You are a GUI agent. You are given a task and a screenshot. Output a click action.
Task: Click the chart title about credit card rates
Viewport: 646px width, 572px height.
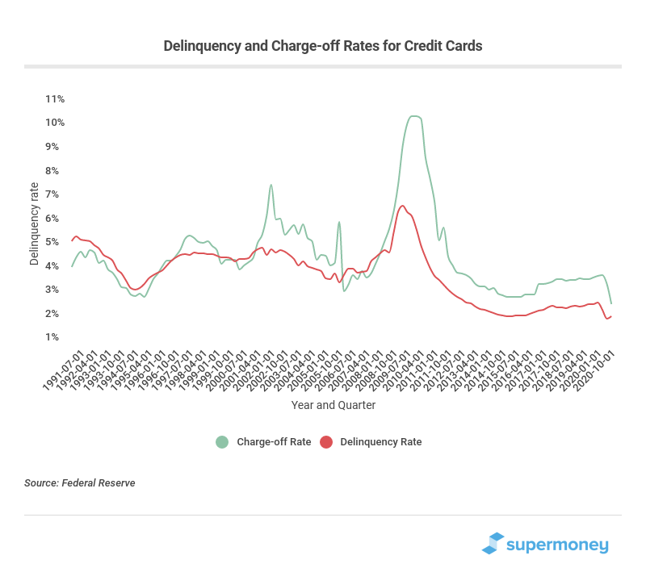point(322,46)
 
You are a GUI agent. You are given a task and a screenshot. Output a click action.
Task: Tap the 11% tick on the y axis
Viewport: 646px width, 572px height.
point(55,99)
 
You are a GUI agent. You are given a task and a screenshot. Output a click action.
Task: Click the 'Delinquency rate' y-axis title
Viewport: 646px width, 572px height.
point(34,223)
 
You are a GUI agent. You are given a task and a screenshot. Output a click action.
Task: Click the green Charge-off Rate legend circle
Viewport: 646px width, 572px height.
point(222,441)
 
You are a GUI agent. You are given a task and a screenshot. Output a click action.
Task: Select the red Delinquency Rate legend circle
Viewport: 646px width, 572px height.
point(326,441)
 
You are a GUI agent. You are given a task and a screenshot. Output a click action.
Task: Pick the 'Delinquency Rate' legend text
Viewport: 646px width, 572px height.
point(380,442)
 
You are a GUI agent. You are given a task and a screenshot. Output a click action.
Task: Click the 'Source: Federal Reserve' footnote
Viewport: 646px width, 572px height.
point(79,483)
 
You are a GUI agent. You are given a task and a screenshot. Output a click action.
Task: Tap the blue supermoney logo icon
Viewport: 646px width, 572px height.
point(493,544)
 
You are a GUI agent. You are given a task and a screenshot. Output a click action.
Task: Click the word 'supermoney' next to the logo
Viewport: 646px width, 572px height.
point(558,545)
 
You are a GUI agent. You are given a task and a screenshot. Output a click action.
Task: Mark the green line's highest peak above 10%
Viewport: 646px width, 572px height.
point(413,116)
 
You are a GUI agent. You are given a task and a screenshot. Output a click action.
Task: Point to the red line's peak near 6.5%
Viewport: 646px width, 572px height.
point(403,206)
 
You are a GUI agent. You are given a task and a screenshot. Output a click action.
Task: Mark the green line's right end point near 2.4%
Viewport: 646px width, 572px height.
point(611,304)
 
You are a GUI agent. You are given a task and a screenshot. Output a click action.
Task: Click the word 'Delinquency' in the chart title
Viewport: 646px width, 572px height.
point(200,46)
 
